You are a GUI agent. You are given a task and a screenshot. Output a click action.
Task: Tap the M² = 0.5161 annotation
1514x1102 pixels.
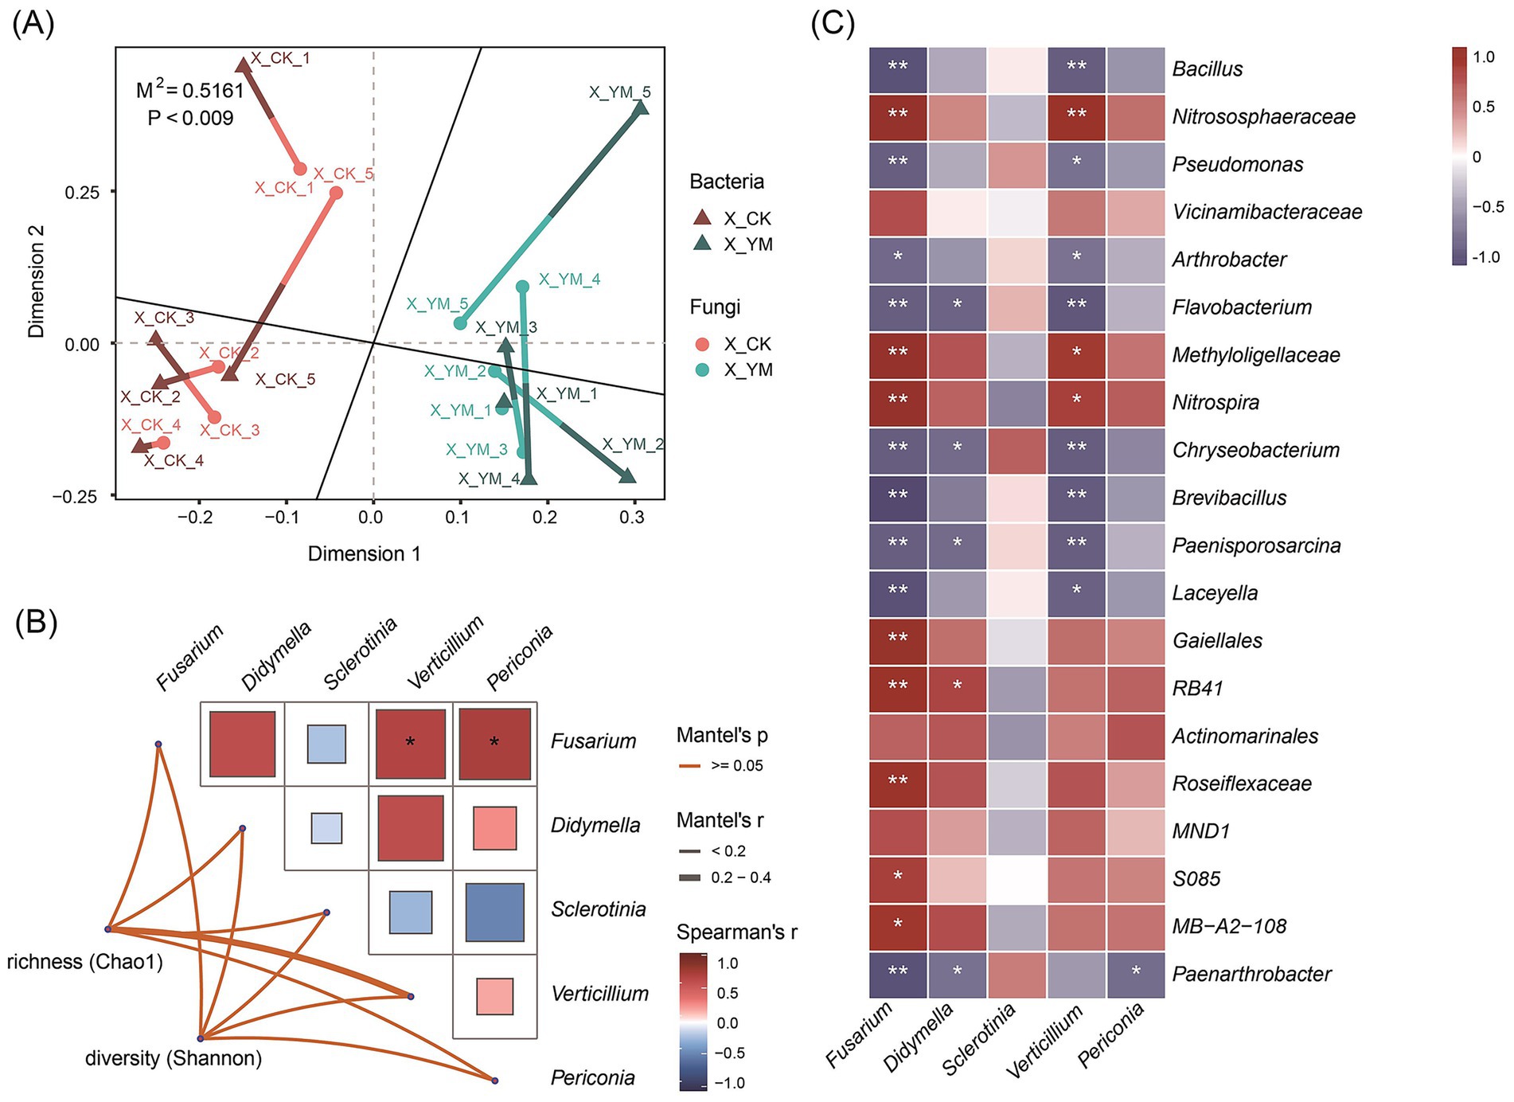pyautogui.click(x=189, y=90)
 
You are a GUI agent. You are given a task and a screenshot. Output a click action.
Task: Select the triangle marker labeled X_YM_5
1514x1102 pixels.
pyautogui.click(x=641, y=108)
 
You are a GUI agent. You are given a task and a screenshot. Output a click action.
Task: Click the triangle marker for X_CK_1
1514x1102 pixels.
pyautogui.click(x=244, y=65)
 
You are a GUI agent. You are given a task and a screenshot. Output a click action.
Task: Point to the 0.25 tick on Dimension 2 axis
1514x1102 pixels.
pyautogui.click(x=88, y=192)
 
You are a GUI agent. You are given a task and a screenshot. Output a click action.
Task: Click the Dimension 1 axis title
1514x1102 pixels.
pyautogui.click(x=364, y=553)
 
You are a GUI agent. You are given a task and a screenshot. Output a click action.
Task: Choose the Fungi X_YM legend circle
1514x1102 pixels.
pyautogui.click(x=702, y=369)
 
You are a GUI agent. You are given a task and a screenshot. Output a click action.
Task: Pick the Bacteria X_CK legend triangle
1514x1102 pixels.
pyautogui.click(x=702, y=217)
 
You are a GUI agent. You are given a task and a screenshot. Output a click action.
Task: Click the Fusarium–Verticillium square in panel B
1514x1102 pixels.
pyautogui.click(x=410, y=744)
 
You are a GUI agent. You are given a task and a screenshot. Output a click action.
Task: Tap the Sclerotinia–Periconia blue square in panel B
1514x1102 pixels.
pyautogui.click(x=494, y=912)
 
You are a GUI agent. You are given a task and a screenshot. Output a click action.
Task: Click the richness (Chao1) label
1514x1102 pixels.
pyautogui.click(x=84, y=962)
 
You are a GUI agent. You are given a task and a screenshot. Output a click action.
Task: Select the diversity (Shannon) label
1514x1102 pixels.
pyautogui.click(x=174, y=1058)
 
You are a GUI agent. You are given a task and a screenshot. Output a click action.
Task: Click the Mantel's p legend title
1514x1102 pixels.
pyautogui.click(x=722, y=735)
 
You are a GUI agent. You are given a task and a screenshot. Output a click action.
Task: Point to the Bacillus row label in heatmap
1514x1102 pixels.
pyautogui.click(x=1208, y=68)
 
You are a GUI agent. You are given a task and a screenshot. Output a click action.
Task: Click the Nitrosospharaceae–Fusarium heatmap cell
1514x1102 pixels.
pyautogui.click(x=898, y=117)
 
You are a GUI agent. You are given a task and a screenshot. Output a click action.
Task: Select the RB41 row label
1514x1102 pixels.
pyautogui.click(x=1197, y=688)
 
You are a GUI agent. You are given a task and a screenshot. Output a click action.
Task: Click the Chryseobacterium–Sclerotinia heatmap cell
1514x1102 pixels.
pyautogui.click(x=1017, y=451)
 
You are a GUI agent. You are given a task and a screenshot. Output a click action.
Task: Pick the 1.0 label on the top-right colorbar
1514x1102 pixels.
pyautogui.click(x=1484, y=57)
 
